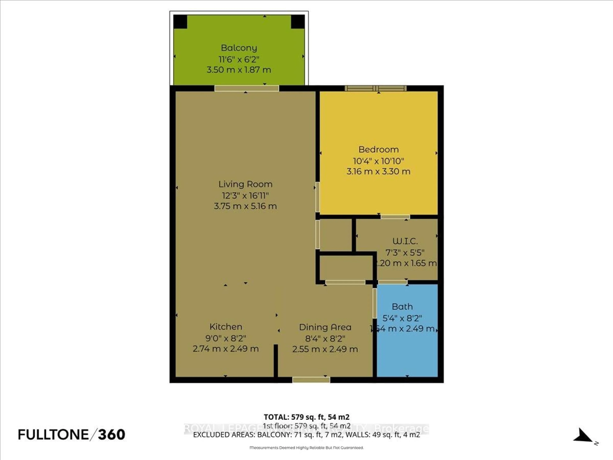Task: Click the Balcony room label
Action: (239, 48)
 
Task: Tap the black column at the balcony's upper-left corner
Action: (180, 22)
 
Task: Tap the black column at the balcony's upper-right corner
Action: (298, 22)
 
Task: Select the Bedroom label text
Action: (378, 150)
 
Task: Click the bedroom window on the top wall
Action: (376, 88)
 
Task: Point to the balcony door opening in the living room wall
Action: (247, 88)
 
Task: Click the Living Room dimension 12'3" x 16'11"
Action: (245, 196)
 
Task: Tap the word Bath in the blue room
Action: (402, 307)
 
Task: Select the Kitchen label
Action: (226, 327)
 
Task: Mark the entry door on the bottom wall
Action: (311, 380)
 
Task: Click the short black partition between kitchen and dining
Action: (276, 360)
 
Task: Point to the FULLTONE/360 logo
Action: (72, 434)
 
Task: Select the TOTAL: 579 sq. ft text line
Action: (306, 417)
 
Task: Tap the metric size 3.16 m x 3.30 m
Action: (378, 171)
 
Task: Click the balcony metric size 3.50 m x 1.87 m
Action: (239, 70)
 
